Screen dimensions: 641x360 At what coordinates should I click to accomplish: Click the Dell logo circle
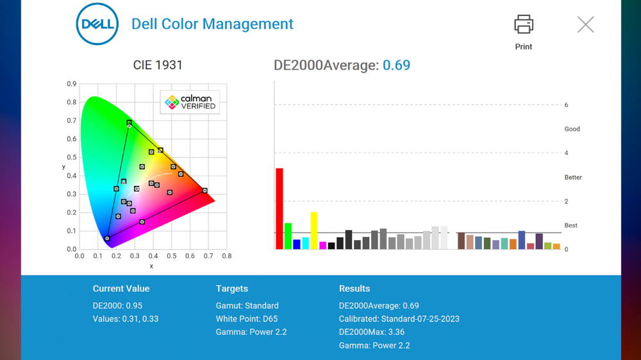tap(97, 24)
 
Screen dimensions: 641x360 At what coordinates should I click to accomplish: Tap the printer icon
tap(524, 24)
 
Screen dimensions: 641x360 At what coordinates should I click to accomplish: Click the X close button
tap(585, 24)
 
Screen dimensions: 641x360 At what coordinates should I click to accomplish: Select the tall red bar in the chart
tap(279, 208)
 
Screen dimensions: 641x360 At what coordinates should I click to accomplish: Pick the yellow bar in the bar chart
tap(314, 231)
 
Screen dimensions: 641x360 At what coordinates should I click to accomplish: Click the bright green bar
tap(288, 236)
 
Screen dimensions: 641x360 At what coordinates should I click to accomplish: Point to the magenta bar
tap(322, 245)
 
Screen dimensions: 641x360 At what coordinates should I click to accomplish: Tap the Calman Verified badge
tap(190, 102)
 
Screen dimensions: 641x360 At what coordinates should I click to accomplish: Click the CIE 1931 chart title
tap(158, 65)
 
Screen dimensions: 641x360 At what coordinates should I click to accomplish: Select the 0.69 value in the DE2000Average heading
tap(396, 65)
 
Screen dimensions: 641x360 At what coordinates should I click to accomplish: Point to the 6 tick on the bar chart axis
tap(566, 105)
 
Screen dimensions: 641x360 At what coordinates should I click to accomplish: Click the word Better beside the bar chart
tap(573, 177)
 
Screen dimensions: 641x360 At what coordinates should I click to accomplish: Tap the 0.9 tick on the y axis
tap(72, 84)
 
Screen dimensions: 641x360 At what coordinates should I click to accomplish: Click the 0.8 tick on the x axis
tap(226, 256)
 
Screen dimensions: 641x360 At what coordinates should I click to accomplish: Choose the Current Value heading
tap(121, 288)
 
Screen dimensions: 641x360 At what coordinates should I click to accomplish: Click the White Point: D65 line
tap(247, 319)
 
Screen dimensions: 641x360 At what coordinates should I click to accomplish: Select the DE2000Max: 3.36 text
tap(372, 332)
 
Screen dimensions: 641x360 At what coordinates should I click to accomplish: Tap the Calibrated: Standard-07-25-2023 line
tap(399, 319)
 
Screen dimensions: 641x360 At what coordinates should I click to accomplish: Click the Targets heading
tap(232, 288)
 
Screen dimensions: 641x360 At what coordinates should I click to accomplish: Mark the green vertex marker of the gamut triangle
tap(129, 122)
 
